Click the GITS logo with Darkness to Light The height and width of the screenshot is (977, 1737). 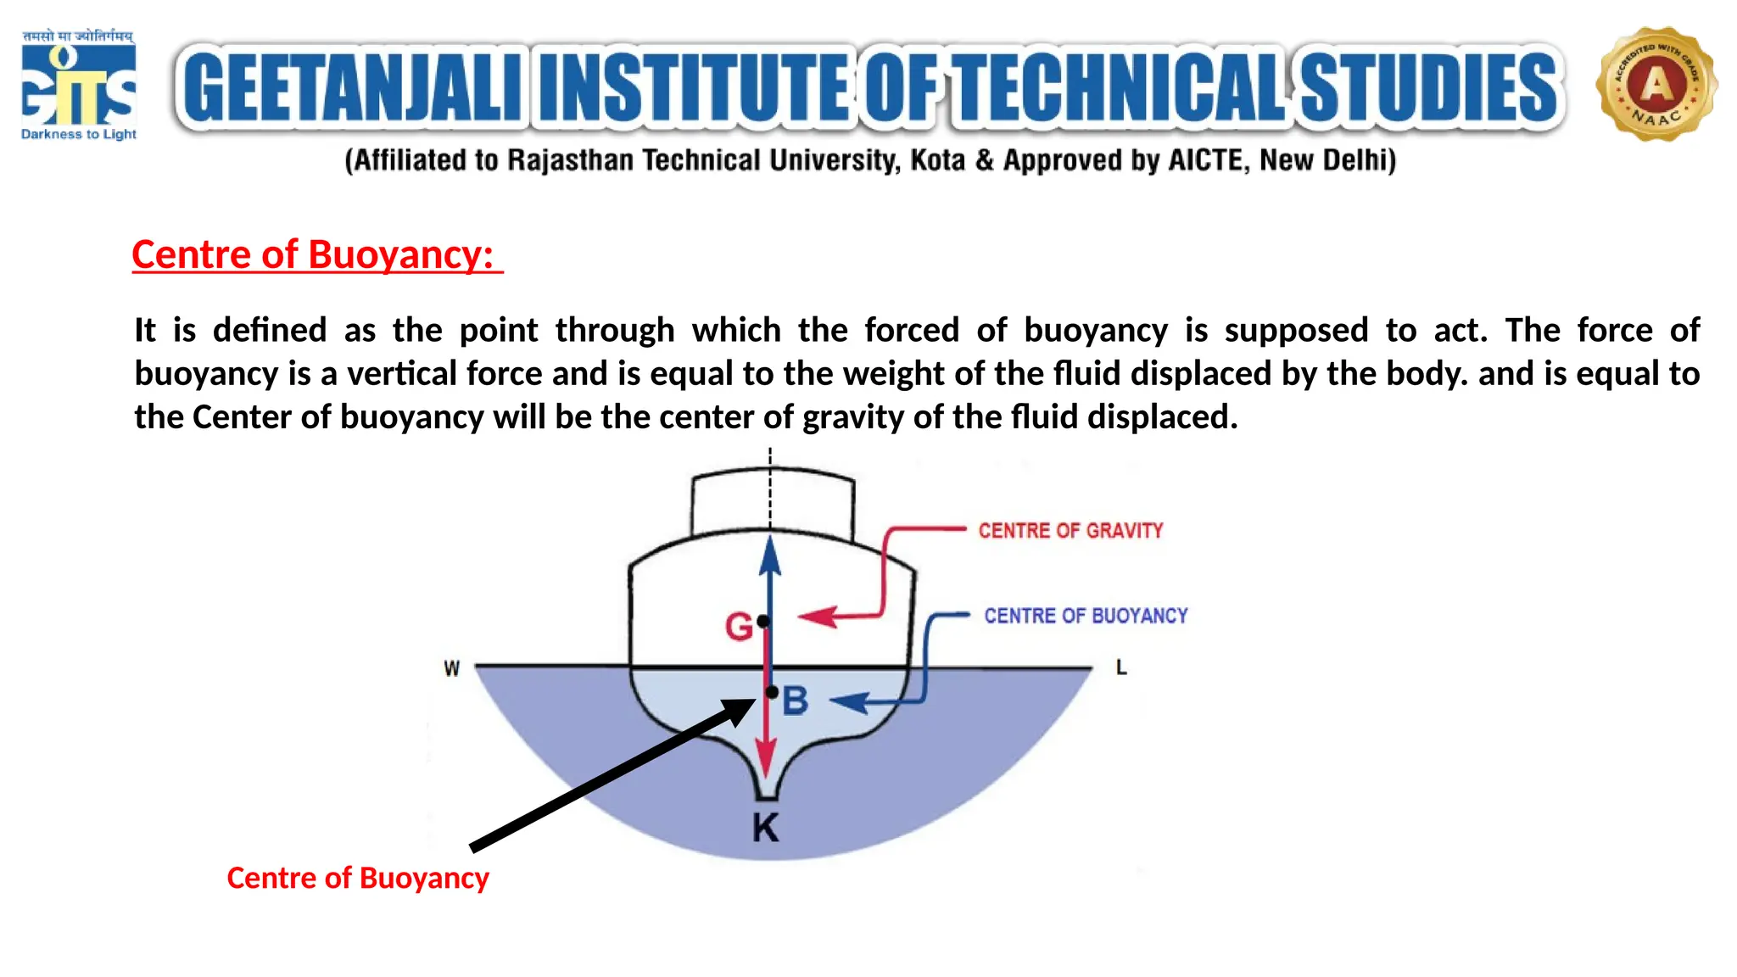click(x=78, y=86)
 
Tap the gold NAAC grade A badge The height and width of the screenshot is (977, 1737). click(x=1656, y=84)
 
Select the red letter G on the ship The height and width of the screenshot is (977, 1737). click(x=738, y=627)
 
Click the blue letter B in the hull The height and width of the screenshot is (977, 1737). click(x=796, y=701)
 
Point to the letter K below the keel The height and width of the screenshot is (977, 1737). click(x=766, y=828)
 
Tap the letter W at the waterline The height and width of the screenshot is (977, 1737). click(x=452, y=669)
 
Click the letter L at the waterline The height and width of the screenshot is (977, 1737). click(x=1121, y=668)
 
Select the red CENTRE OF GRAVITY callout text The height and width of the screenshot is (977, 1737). click(x=1070, y=531)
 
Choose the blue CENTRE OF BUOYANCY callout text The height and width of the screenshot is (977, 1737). click(x=1086, y=616)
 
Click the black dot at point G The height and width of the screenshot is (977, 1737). click(x=763, y=622)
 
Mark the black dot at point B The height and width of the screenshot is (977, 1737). click(x=772, y=692)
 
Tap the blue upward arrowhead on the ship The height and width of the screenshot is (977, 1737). click(x=770, y=555)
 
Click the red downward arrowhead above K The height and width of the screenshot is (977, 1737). click(x=766, y=757)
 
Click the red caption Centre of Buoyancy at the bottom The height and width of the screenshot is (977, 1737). click(x=358, y=878)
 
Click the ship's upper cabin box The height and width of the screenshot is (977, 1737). click(x=773, y=505)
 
